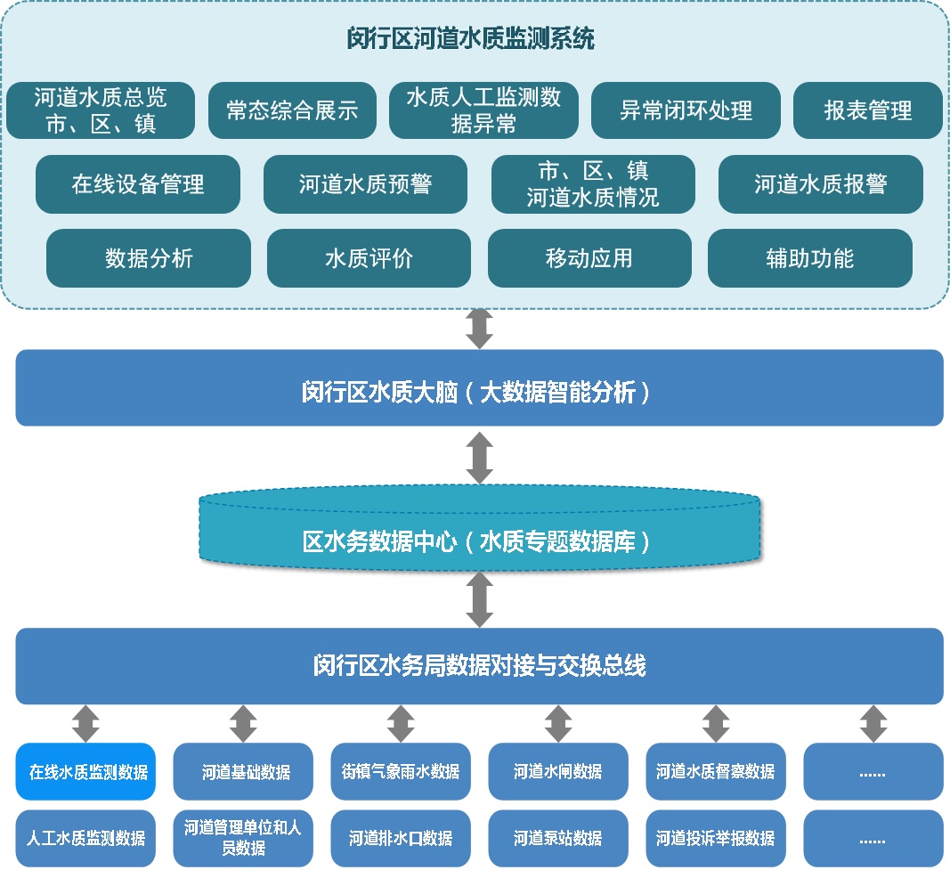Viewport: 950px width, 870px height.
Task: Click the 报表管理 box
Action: click(867, 110)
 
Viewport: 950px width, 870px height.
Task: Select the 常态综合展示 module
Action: click(291, 110)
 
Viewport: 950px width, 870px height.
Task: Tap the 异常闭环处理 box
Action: click(686, 110)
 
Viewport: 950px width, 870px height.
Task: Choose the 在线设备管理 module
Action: click(138, 184)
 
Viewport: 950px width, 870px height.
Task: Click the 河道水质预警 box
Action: click(365, 184)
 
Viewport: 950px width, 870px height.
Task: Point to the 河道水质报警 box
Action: click(820, 184)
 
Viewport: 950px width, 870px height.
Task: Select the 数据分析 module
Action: click(149, 258)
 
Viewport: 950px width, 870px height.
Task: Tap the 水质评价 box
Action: click(369, 258)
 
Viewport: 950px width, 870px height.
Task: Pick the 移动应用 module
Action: click(589, 258)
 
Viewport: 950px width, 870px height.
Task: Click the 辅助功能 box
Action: click(809, 258)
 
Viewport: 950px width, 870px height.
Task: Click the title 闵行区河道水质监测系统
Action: click(470, 39)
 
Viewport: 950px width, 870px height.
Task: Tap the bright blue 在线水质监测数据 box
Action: click(86, 771)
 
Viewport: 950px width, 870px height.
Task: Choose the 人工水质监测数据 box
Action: click(86, 838)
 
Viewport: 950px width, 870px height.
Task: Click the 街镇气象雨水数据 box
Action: click(401, 771)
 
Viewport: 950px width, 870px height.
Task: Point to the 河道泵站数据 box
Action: click(558, 838)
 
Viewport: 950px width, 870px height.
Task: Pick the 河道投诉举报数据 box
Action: click(716, 838)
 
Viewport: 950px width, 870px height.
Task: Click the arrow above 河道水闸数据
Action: click(558, 723)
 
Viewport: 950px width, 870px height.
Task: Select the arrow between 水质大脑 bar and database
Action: click(480, 458)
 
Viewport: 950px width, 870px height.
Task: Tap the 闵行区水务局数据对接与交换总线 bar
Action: click(479, 665)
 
